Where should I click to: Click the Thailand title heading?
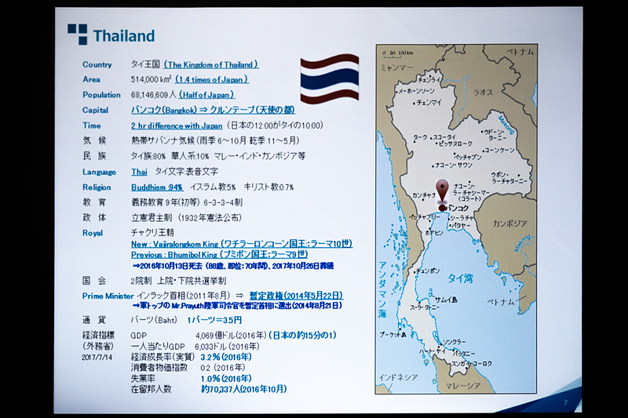[123, 36]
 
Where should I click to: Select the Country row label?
[97, 64]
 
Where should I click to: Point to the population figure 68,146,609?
[157, 94]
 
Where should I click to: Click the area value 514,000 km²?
[152, 79]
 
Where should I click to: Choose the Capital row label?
[97, 110]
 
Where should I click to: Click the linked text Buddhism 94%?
[157, 187]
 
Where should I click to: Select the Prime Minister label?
[108, 295]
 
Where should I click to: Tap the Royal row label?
[93, 233]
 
